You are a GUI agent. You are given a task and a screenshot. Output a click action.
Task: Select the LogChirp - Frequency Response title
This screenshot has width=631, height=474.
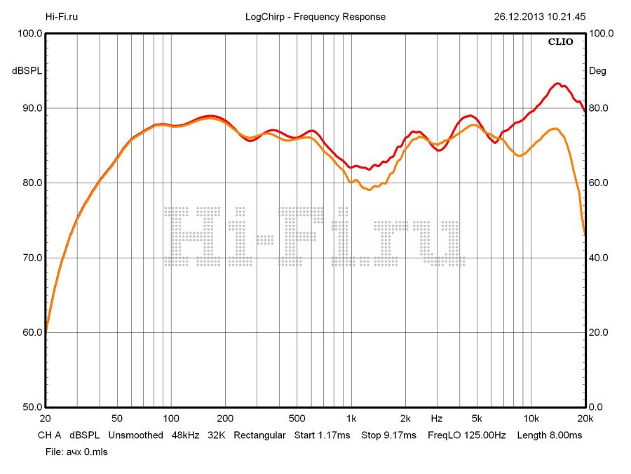[x=315, y=17]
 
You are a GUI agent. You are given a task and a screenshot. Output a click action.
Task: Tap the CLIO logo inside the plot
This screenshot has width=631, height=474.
[x=560, y=41]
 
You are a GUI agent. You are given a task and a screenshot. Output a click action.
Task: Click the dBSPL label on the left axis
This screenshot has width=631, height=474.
[x=26, y=71]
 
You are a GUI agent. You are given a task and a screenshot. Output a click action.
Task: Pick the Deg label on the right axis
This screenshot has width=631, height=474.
[x=597, y=71]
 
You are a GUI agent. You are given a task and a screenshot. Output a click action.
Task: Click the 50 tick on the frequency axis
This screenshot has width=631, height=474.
[x=117, y=418]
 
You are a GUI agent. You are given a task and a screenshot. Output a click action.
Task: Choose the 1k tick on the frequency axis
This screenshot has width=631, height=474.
[x=351, y=418]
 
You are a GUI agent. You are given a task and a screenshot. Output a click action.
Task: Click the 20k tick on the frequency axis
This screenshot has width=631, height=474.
[x=584, y=418]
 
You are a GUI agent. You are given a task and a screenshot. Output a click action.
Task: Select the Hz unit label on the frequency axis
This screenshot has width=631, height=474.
[x=437, y=418]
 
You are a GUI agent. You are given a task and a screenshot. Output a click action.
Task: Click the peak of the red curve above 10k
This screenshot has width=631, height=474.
[x=557, y=84]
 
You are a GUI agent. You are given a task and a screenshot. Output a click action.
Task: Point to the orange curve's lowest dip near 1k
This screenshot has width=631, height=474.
[x=369, y=190]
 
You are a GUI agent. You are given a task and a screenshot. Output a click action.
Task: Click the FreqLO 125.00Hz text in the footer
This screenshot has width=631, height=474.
[x=467, y=435]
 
